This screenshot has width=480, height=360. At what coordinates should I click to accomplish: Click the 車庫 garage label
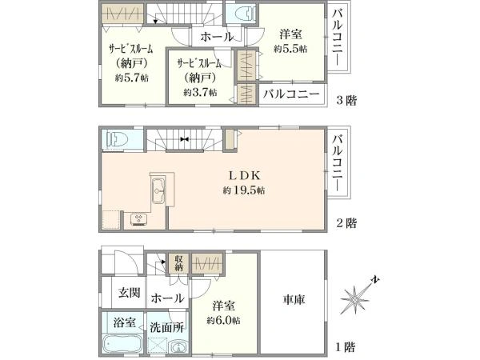click(294, 299)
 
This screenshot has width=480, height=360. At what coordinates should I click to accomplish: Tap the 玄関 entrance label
click(129, 293)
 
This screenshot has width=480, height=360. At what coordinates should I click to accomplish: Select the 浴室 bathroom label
click(124, 322)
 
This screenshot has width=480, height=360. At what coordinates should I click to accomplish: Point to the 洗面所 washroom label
click(166, 327)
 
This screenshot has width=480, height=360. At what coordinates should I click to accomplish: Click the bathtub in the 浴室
click(122, 345)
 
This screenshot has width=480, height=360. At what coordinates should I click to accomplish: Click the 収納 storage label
click(178, 263)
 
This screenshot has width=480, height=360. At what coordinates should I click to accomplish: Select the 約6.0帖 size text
click(223, 321)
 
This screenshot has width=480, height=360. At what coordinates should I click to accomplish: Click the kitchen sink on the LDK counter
click(158, 190)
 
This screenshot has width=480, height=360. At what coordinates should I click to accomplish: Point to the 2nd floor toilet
click(116, 139)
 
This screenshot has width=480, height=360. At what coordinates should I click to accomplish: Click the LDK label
click(245, 175)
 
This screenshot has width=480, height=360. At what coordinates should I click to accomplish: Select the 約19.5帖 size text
click(244, 190)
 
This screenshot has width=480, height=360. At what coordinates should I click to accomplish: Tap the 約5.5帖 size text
click(290, 49)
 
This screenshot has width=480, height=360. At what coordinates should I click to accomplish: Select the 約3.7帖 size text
click(200, 92)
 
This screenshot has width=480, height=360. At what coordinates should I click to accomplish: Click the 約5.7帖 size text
click(132, 78)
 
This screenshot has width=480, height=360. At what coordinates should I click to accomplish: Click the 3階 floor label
click(346, 101)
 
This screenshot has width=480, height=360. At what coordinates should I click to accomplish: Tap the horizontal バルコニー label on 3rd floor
click(291, 94)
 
